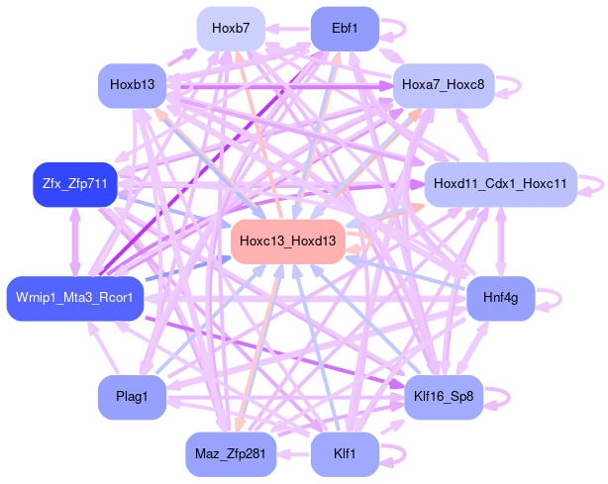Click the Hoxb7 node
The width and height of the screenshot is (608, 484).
(231, 28)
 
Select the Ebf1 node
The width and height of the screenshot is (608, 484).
(345, 28)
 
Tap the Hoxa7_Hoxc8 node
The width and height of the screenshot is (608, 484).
(444, 85)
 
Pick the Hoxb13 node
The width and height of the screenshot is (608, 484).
(132, 85)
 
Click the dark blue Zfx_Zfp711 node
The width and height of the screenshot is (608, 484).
(75, 184)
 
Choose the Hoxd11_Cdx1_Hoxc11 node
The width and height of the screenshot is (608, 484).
(500, 184)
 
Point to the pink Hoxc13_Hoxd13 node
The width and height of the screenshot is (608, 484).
(287, 241)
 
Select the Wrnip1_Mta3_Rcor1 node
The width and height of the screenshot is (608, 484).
(75, 298)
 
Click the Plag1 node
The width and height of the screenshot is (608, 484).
(132, 397)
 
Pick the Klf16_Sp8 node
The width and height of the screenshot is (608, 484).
(444, 397)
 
